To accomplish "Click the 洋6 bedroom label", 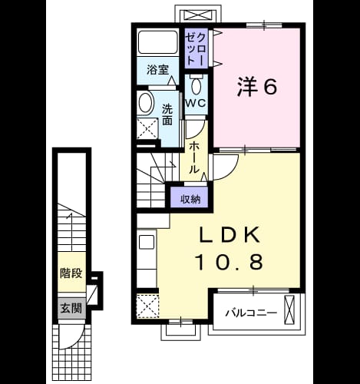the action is pos(257,87).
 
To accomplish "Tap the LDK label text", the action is pos(230,234).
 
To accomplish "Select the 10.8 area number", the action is pos(230,262).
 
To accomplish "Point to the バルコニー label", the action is pos(251,313).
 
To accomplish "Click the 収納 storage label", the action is pos(191,199).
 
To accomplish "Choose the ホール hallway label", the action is pos(194,158).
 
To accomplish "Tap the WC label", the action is pos(196,103).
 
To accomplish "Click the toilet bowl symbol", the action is pos(197,85).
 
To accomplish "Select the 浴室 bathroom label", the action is pos(157,70).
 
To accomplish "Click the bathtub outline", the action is pos(158,42).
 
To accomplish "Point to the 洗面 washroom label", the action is pos(167,115).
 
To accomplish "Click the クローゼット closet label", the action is pos(196,48).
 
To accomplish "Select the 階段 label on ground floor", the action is pos(71,273).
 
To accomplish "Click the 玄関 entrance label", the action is pos(71,308).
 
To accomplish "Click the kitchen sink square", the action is pos(147,242).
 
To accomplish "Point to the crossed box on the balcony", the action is pos(289,310).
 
